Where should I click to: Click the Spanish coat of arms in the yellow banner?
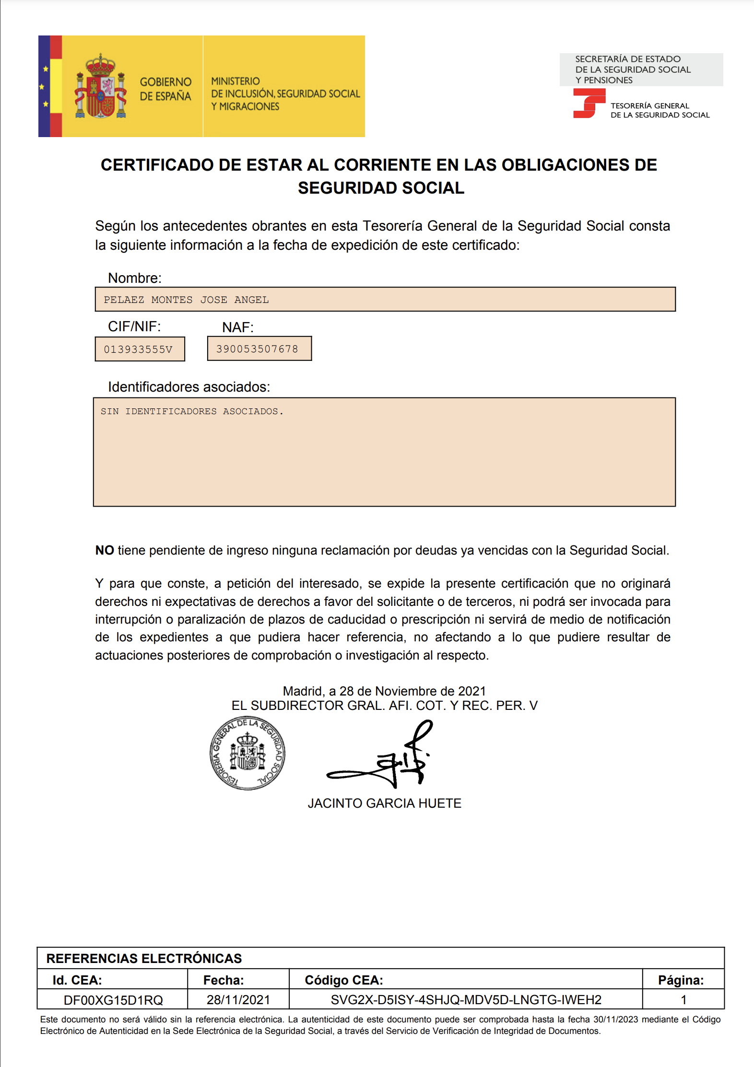coord(101,87)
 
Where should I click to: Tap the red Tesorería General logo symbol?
coord(588,103)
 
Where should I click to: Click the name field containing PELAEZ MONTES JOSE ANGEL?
coord(385,300)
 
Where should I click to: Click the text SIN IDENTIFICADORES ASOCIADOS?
coord(192,411)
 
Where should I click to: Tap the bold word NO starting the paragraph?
coord(105,550)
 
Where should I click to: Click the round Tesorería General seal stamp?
coord(247,753)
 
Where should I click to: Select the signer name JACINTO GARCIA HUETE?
coord(384,803)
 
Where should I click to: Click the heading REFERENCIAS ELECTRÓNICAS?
coord(144,958)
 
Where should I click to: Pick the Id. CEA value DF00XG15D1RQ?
coord(113,1000)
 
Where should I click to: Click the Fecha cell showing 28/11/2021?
coord(238,1000)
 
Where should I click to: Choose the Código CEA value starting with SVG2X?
coord(466,1000)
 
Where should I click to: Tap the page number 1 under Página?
coord(683,1000)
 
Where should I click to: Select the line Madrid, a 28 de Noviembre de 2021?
coord(384,691)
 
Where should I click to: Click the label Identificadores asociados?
coord(189,387)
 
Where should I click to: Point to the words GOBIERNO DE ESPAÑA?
coord(165,89)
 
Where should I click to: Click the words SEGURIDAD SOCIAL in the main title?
coord(381,188)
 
